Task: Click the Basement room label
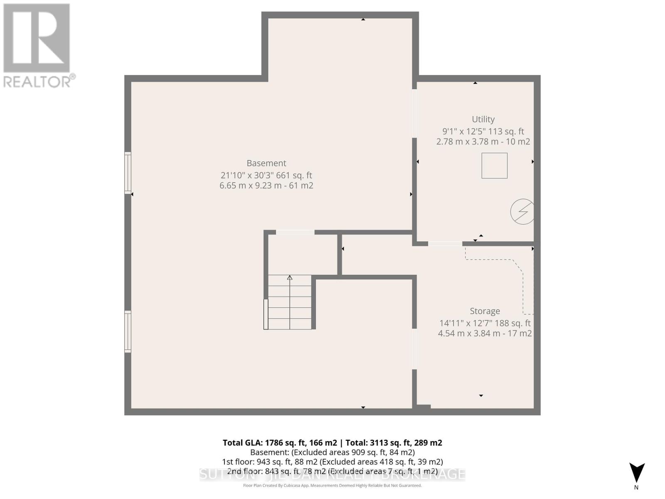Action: tap(266, 163)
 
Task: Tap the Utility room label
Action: tap(483, 119)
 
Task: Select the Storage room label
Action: tap(485, 311)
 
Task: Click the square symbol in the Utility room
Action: tap(494, 166)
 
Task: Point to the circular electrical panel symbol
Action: tap(522, 212)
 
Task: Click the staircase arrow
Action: tap(290, 278)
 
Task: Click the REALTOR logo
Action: tap(37, 46)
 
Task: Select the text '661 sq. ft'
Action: tap(297, 175)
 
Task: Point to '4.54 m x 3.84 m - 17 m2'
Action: tap(485, 333)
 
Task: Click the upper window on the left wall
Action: tap(128, 173)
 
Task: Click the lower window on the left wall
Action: tap(128, 332)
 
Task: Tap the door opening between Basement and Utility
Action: tap(414, 113)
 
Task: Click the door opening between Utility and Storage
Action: tap(445, 244)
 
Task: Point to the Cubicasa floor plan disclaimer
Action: tap(332, 486)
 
